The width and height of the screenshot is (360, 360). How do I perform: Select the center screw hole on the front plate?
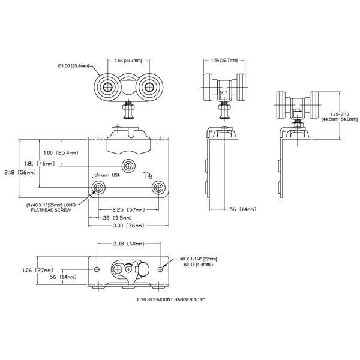click(x=128, y=164)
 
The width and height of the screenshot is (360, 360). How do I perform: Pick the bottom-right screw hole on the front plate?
click(x=159, y=188)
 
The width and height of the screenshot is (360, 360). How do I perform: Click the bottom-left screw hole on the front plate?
click(x=98, y=189)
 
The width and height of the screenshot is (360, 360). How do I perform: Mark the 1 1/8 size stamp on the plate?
click(x=147, y=175)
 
